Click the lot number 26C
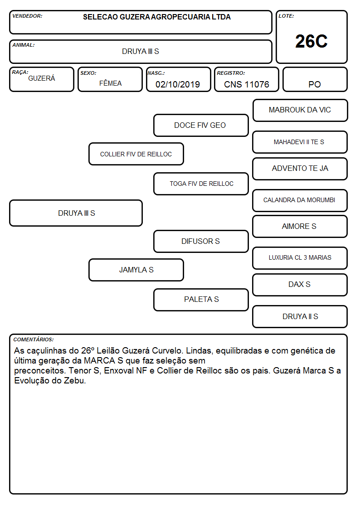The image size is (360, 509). pyautogui.click(x=311, y=41)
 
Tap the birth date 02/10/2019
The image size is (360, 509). pyautogui.click(x=178, y=84)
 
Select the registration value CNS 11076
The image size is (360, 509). pyautogui.click(x=246, y=84)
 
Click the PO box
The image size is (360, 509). pyautogui.click(x=315, y=79)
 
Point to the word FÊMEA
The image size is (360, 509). pyautogui.click(x=110, y=83)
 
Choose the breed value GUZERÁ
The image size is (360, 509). pyautogui.click(x=42, y=78)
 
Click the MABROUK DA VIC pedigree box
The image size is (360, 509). pyautogui.click(x=300, y=111)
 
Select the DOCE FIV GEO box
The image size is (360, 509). pyautogui.click(x=201, y=125)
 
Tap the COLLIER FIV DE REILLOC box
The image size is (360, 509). pyautogui.click(x=136, y=154)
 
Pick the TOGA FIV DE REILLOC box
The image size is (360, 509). pyautogui.click(x=201, y=184)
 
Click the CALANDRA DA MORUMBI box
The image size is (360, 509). pyautogui.click(x=300, y=200)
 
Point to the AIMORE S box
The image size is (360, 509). pyautogui.click(x=300, y=227)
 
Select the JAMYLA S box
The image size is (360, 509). pyautogui.click(x=136, y=270)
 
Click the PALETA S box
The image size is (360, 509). pyautogui.click(x=201, y=300)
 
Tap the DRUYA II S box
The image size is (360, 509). pyautogui.click(x=300, y=316)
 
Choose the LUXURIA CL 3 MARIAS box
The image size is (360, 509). pyautogui.click(x=300, y=258)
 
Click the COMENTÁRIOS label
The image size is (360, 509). pyautogui.click(x=34, y=339)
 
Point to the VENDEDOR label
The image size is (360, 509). pyautogui.click(x=27, y=16)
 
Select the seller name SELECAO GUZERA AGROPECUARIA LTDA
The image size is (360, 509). pyautogui.click(x=157, y=17)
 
